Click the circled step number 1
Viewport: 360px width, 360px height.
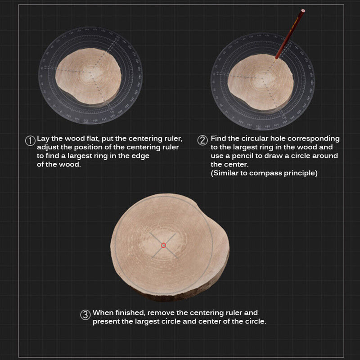tap(30, 140)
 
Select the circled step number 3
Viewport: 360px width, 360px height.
tap(85, 315)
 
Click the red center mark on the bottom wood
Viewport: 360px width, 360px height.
tap(163, 245)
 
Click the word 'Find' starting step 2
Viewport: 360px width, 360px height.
tap(219, 139)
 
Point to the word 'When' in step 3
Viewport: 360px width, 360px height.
tap(102, 312)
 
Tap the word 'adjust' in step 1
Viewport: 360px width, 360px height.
tap(48, 147)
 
